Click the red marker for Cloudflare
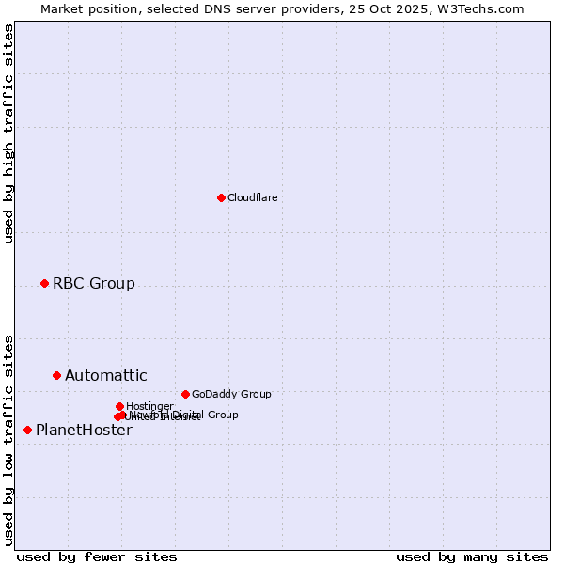coord(221,197)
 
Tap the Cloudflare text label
coord(252,197)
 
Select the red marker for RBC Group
coord(44,283)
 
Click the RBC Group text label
coord(93,283)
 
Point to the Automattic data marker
coord(56,375)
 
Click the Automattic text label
coord(105,376)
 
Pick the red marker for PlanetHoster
coord(27,430)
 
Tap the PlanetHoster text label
coord(84,431)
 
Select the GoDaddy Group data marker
coord(185,394)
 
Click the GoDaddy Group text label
coord(231,394)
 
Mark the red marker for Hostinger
coord(119,406)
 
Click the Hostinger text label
coord(149,406)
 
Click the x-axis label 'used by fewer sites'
coord(97,556)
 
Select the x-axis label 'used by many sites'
coord(472,556)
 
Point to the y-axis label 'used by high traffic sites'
coord(8,133)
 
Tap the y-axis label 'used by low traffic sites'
coord(8,439)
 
